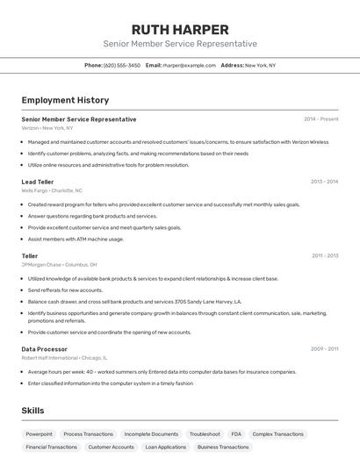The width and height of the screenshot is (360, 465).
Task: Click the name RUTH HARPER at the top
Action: pos(179,29)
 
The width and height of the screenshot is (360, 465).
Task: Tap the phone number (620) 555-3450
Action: pos(121,65)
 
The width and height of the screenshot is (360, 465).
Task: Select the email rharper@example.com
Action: pos(189,65)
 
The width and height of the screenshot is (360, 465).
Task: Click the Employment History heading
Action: pos(65,100)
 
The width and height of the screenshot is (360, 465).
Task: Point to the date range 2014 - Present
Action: pos(320,119)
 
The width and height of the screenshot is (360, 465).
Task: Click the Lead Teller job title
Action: pos(38,182)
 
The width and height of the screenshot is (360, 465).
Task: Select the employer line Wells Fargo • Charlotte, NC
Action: pos(52,190)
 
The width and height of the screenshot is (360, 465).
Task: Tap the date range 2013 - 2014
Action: pos(324,182)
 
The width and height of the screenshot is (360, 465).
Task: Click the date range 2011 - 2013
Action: pos(324,256)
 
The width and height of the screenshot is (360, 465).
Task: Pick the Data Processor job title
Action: pos(44,349)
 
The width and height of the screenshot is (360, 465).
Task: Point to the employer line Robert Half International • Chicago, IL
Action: pos(64,358)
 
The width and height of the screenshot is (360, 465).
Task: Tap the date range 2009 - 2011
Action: pos(324,349)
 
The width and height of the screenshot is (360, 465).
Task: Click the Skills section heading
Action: pos(32,411)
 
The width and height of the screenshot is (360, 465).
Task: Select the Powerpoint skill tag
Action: pos(39,434)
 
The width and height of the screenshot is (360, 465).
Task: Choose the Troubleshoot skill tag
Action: pos(205,434)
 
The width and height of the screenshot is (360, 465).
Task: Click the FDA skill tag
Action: pos(236,434)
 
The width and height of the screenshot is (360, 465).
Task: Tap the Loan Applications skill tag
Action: pos(166,447)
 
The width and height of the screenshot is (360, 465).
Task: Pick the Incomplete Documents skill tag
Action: pos(151,434)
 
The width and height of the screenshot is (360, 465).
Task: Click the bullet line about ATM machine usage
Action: pos(76,239)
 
